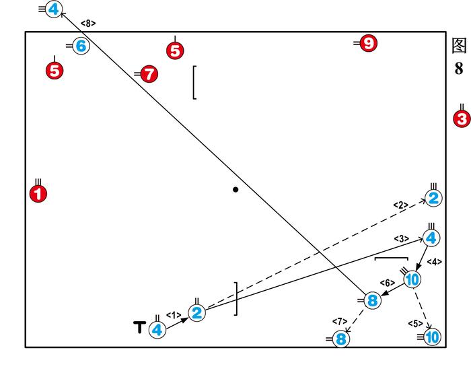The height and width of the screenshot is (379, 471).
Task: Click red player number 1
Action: coord(38,194)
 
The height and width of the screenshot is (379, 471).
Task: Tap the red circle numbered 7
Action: coord(149,74)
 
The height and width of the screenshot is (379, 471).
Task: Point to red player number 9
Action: coord(367,44)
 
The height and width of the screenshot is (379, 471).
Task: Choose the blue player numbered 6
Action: coord(81,46)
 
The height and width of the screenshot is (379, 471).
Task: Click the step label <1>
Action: coord(173,314)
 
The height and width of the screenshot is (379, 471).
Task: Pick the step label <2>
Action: coord(401,205)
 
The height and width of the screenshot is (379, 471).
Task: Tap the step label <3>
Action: coord(402,238)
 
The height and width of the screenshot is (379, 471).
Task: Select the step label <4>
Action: coord(434,261)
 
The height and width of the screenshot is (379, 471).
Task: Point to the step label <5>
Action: coord(415,324)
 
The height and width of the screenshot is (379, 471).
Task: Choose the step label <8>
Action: coord(88,23)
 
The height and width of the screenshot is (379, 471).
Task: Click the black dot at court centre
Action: coord(235,190)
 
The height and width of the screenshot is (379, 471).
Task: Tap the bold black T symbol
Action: coord(139,328)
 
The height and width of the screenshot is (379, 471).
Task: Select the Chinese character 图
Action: coord(459,45)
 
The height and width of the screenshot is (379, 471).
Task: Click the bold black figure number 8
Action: coord(459,69)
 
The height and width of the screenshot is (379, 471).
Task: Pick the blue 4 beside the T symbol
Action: coord(157,330)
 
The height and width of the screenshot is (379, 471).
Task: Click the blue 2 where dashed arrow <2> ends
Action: coord(433,198)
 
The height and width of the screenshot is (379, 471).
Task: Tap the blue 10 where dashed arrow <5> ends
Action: coord(432,337)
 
